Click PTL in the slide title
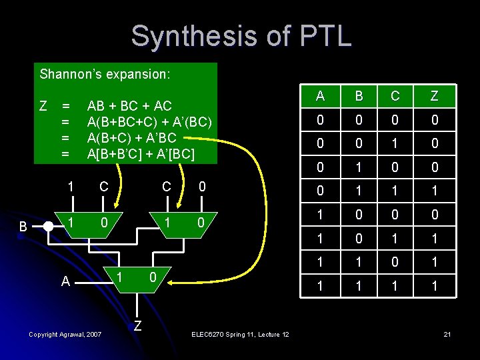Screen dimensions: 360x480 pos(325,36)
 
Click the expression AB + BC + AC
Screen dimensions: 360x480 pos(129,106)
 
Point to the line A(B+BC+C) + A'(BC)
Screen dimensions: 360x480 pos(149,122)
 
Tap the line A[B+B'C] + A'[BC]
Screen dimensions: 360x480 pos(141,154)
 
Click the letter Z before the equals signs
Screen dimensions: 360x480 pos(43,106)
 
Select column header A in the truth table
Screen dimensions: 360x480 pos(320,96)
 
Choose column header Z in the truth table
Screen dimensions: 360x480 pos(434,96)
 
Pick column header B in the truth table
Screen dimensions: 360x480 pos(358,96)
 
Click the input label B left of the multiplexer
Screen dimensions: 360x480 pos(23,227)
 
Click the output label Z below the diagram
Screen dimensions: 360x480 pos(137,325)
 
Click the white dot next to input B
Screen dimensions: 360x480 pos(48,226)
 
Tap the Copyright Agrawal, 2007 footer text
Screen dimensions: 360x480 pos(65,334)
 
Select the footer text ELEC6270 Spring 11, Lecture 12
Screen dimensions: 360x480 pos(239,334)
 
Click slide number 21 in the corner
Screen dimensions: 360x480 pos(447,333)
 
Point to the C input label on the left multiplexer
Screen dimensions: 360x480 pos(104,187)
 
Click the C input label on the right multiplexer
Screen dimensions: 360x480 pos(167,187)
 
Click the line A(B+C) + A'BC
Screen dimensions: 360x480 pos(131,138)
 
